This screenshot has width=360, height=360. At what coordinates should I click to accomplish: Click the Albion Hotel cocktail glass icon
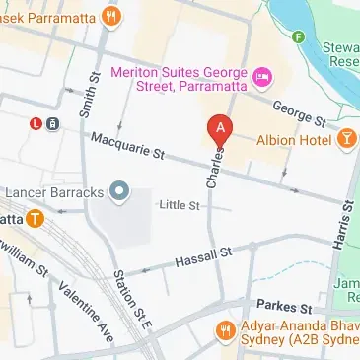click(346, 139)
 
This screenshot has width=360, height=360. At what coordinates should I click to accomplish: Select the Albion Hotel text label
click(294, 140)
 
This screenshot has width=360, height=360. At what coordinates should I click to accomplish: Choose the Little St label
click(180, 204)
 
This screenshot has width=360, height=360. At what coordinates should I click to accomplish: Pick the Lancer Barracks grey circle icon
click(120, 189)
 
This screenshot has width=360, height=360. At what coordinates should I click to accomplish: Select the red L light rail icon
click(36, 123)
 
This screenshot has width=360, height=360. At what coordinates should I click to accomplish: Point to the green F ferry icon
click(298, 37)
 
